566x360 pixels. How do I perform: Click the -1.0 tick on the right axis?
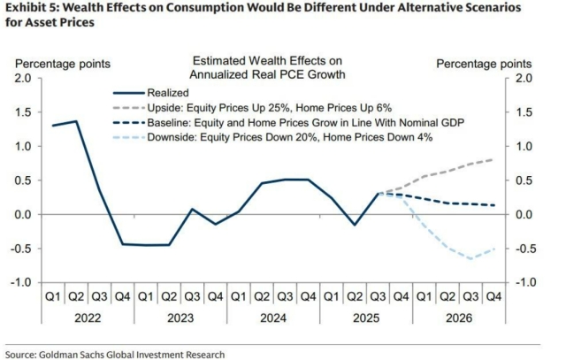tap(524, 282)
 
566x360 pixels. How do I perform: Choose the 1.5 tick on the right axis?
tap(523, 112)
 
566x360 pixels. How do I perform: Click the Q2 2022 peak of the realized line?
tap(76, 121)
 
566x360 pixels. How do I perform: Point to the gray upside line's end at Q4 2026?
tap(493, 159)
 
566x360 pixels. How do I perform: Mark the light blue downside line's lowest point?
tap(470, 258)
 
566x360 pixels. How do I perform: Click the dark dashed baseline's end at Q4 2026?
tap(493, 205)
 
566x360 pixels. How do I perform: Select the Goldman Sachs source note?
tap(114, 352)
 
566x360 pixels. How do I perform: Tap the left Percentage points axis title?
tap(61, 63)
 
